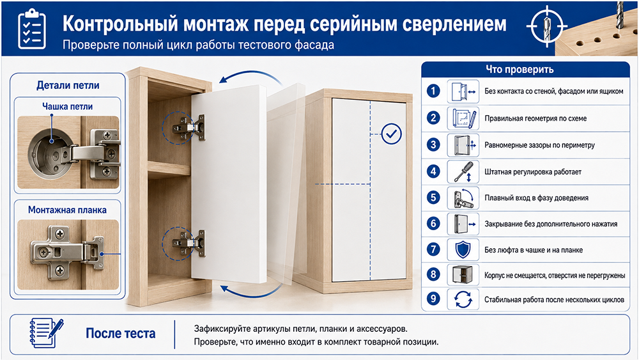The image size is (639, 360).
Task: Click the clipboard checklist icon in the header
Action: pos(32,29)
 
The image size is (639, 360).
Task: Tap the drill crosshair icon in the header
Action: pos(546,26)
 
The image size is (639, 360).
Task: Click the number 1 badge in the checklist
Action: pos(433,91)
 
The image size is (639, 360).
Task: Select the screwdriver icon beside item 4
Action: pos(463,171)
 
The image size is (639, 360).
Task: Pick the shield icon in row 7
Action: pos(463,249)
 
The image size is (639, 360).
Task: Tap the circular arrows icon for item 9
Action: pos(463,299)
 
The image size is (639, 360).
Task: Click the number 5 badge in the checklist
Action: pos(433,198)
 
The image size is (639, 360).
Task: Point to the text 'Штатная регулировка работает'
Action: pos(533,171)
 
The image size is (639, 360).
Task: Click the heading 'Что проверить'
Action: pos(520,69)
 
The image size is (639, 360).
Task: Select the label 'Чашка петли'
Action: pos(67,106)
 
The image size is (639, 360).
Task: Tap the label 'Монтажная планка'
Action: pos(67,210)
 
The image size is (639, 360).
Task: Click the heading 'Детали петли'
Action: pos(68,85)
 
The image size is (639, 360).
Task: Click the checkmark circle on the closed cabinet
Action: pos(391,134)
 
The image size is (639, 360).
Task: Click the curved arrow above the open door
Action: pos(250,77)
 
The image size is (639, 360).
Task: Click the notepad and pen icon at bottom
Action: pos(47,333)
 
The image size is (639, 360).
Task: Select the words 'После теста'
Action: pos(121,334)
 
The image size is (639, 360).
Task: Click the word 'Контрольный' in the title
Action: pos(120,24)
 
